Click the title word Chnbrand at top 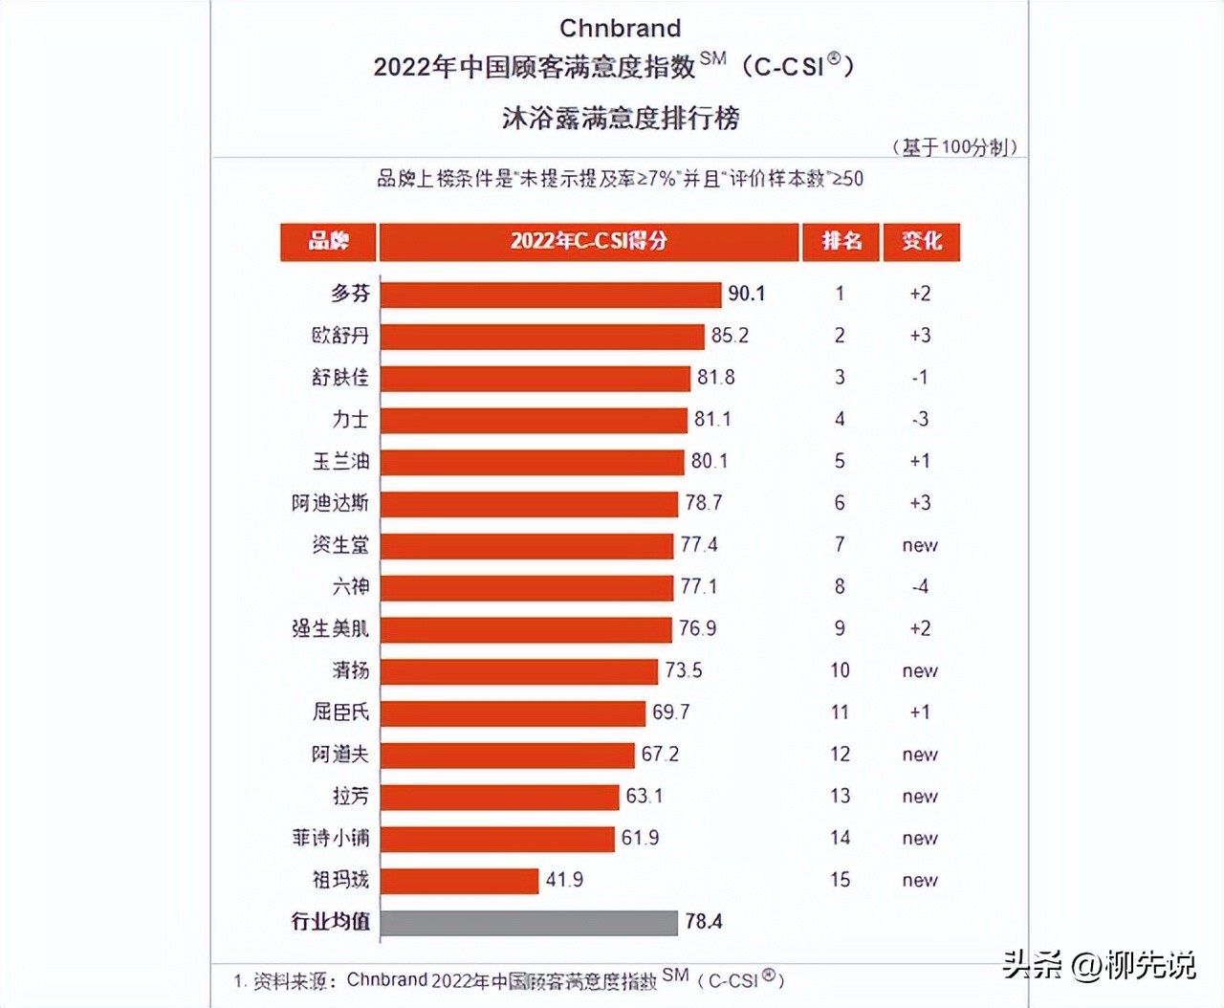click(620, 28)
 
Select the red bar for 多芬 click(550, 294)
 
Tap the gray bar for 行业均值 click(529, 922)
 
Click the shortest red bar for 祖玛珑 click(460, 880)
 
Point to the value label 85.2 click(730, 336)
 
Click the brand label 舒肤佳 click(340, 378)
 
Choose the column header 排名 click(841, 241)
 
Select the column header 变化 click(922, 241)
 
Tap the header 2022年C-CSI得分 click(588, 241)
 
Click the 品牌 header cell click(328, 241)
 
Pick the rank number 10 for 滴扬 click(840, 670)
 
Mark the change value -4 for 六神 click(920, 586)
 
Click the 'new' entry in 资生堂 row click(920, 545)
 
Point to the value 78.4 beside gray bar click(704, 922)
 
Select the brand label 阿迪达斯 click(330, 503)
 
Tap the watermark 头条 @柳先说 click(1099, 964)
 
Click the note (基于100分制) click(954, 146)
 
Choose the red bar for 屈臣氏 click(513, 712)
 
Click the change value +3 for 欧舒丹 click(920, 336)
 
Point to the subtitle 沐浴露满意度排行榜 click(621, 118)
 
